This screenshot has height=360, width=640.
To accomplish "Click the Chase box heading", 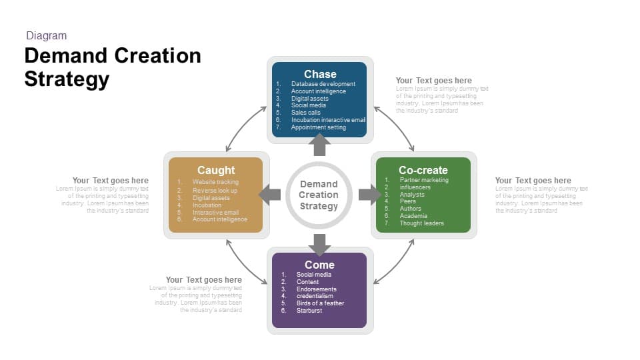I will point(320,74).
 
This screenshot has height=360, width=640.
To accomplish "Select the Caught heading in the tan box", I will point(216,170).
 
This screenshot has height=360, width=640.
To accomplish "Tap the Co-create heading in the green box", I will point(423,170).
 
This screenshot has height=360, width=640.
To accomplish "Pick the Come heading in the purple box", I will point(319,265).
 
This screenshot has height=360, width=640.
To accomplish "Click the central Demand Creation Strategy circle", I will point(319,195).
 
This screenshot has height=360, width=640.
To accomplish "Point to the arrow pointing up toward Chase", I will point(319,145).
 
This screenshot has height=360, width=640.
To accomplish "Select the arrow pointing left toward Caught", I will point(270,195).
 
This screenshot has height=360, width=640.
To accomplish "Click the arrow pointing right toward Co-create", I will point(369,195).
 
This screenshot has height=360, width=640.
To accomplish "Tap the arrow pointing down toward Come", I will point(319,244).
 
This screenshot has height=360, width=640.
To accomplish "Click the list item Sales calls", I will point(305,113).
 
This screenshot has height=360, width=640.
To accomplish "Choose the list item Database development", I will point(323,84).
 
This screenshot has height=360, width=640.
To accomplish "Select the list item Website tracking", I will point(215,182).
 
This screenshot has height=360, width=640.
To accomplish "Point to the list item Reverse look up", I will point(215,191).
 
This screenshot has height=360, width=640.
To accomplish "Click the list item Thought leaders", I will point(421,223).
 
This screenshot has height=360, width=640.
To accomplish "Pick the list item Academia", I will point(413,216).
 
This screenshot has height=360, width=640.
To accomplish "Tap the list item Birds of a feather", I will point(320,303).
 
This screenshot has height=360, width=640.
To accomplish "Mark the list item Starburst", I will point(309,311).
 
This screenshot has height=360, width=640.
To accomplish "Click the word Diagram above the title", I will point(46,36).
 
